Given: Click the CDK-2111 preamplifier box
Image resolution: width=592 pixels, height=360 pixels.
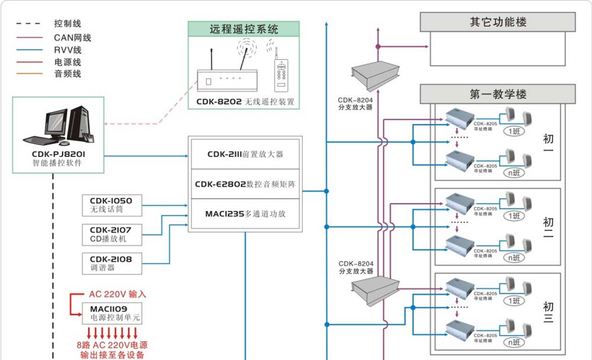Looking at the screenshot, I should (245, 154).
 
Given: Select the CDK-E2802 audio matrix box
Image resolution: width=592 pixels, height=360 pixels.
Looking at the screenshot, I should (245, 184).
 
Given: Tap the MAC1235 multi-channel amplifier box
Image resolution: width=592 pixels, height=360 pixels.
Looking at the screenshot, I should (245, 214).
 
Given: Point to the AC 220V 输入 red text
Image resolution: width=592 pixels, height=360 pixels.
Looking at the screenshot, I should (117, 294).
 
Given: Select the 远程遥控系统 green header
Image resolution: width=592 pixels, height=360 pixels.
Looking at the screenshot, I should (243, 29).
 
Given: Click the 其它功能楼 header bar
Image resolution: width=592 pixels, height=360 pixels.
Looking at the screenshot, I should (498, 22).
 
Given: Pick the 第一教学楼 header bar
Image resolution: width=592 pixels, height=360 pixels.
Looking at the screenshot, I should (498, 94).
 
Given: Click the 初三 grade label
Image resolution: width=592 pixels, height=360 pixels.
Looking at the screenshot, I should (548, 312).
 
